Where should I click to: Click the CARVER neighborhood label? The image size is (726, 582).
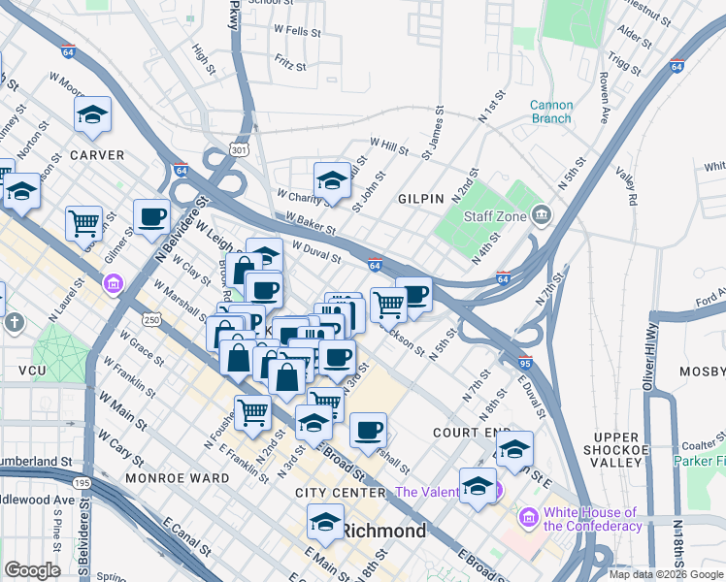point(96,155)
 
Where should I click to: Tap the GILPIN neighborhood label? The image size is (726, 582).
point(421,198)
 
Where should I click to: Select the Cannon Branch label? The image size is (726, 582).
point(550,112)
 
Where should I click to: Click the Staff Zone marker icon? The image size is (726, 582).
point(542,214)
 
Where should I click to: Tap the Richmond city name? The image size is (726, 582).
point(383,532)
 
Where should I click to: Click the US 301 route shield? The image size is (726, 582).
point(240,149)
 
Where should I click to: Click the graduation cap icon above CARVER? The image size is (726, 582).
point(92,114)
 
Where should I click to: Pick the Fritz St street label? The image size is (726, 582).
point(290,67)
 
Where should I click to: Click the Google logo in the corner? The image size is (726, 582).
point(32,570)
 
